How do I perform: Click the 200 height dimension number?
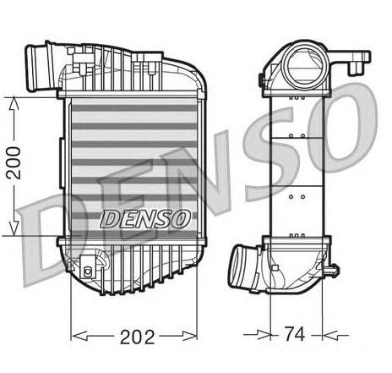click(x=14, y=163)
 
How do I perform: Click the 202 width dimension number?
click(x=138, y=337)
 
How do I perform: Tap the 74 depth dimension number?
click(x=295, y=334)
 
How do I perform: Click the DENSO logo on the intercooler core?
click(x=145, y=219)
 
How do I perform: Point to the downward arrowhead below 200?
click(x=14, y=228)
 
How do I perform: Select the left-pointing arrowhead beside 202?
click(x=79, y=336)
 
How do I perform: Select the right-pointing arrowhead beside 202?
click(x=189, y=336)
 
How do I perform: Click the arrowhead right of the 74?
click(x=330, y=336)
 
